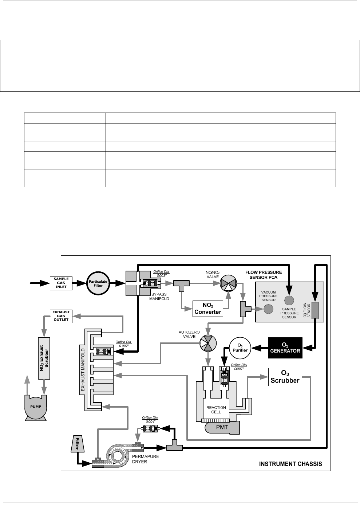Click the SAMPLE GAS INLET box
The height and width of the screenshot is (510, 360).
(61, 283)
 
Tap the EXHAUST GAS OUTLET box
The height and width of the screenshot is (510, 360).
(61, 316)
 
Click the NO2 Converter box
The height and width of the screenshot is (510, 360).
(207, 309)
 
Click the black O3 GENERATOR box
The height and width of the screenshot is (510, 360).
(285, 348)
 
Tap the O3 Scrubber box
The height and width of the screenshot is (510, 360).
(285, 377)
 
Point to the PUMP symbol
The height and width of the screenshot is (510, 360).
(36, 407)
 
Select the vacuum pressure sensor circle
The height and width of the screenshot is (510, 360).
(268, 309)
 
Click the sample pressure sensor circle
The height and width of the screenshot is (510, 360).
(289, 300)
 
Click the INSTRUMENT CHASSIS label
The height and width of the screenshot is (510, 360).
(290, 464)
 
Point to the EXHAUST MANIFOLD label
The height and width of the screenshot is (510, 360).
(82, 370)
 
